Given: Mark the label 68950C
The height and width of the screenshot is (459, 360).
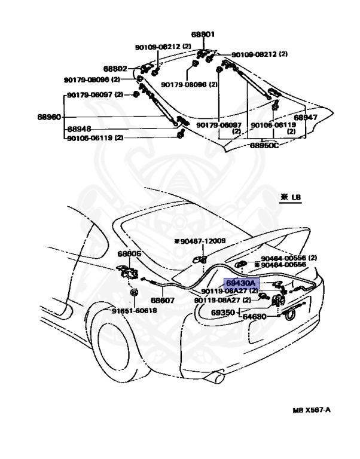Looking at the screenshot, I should click(264, 145).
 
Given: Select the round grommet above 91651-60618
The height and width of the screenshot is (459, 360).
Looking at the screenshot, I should click(135, 293).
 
